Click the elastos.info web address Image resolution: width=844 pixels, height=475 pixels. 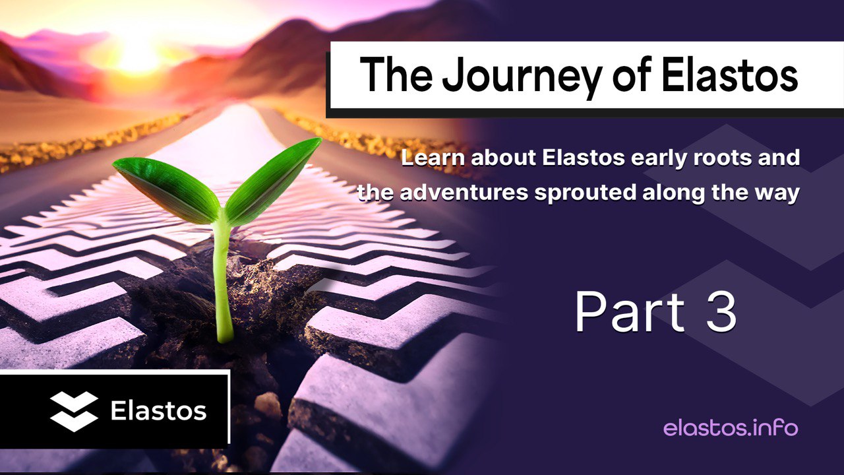[x=730, y=428]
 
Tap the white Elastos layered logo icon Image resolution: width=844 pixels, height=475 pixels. [x=74, y=411]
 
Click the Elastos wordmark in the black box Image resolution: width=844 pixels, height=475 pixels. [x=158, y=411]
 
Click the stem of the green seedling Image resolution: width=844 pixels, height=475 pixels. [x=223, y=284]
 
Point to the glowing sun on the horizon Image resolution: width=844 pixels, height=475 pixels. [x=138, y=56]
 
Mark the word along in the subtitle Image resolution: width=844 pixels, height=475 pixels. [x=675, y=193]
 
